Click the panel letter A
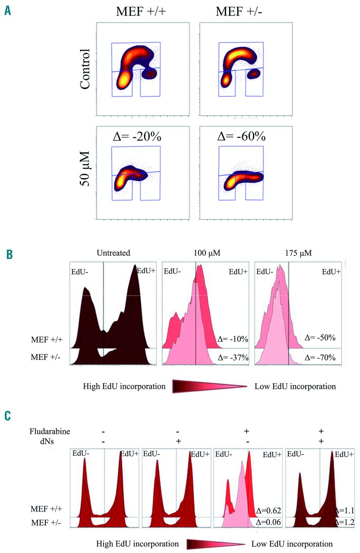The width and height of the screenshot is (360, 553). [x=8, y=10]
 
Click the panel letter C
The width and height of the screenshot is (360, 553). [x=8, y=416]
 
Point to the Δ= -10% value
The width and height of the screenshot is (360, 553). [x=233, y=340]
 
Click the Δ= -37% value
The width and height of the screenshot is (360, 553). [x=233, y=358]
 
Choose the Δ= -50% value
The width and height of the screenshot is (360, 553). [x=320, y=337]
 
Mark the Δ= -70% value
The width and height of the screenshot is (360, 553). [x=320, y=358]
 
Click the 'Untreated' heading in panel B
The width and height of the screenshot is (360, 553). [x=114, y=253]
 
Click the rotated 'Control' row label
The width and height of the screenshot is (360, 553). [x=85, y=69]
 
